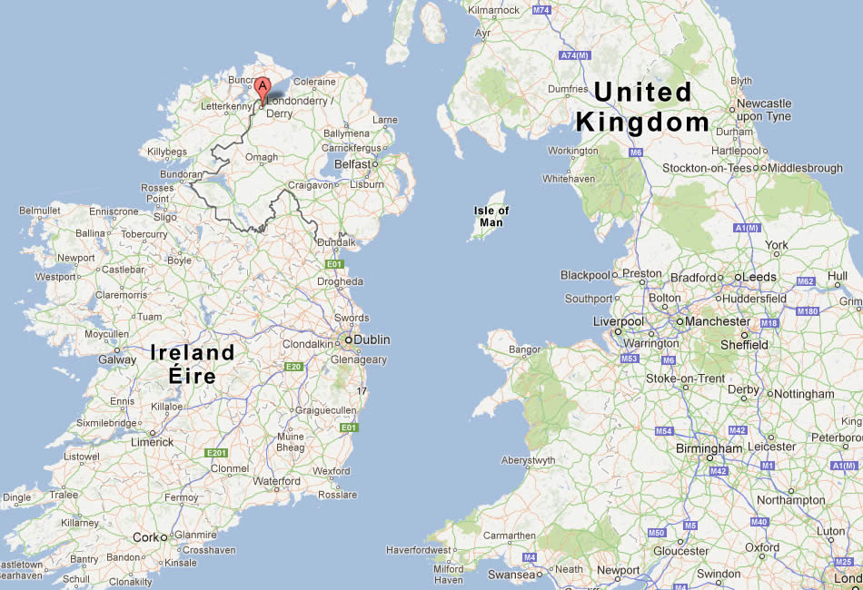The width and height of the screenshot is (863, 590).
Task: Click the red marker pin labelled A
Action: coord(263,91)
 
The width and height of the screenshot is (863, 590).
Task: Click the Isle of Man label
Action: coord(491,216)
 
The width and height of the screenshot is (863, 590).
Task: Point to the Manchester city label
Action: coord(718,321)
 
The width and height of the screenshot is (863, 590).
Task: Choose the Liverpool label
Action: coord(618,321)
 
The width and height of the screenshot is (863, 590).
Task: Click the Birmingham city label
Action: coord(709,448)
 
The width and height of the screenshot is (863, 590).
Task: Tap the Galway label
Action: coord(117,359)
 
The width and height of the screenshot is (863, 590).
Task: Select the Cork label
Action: coord(145,536)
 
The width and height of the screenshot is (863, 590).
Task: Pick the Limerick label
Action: coord(151,442)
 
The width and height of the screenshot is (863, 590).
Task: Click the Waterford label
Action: coord(276,481)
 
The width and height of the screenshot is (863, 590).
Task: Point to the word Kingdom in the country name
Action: coord(642,122)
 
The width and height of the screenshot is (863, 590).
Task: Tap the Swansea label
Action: coord(511,575)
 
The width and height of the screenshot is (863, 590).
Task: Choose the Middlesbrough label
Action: coord(807,168)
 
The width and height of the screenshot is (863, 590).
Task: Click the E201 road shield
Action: coord(216,453)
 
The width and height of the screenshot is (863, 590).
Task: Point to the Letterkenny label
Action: coord(225,106)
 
